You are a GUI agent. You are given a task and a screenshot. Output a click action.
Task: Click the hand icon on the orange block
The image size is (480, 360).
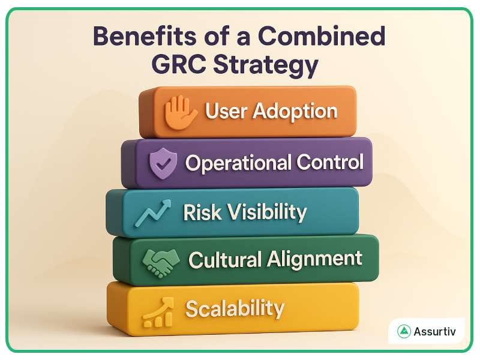coord(181,112)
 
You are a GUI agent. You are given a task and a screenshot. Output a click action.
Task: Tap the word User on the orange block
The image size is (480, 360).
coord(226,111)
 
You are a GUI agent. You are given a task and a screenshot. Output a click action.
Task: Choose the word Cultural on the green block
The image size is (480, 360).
coord(225,260)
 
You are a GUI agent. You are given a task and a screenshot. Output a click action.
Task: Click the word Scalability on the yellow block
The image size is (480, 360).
coord(235,308)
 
